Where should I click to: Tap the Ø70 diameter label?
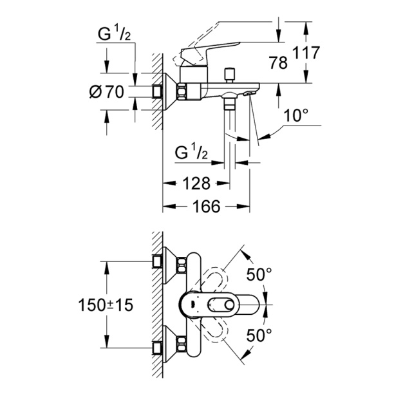tap(107, 91)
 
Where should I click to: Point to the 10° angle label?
tap(296, 117)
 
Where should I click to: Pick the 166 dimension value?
tap(206, 206)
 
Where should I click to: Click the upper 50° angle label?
tap(259, 275)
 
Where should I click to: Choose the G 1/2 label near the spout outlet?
tap(191, 154)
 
